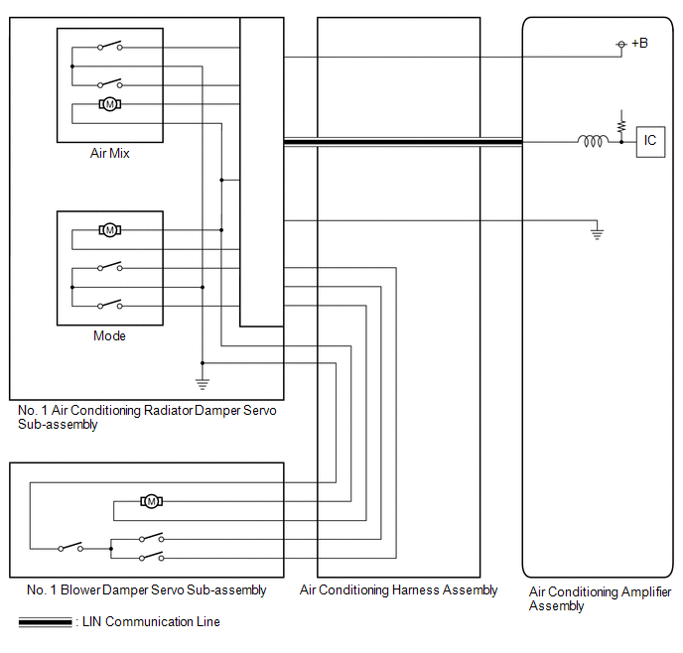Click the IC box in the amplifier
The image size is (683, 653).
click(x=650, y=142)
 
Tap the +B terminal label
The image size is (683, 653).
click(x=639, y=43)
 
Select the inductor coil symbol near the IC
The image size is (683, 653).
click(x=593, y=141)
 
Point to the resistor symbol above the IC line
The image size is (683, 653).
click(x=621, y=126)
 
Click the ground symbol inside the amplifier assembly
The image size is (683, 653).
click(x=597, y=234)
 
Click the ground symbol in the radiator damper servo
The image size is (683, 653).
click(x=203, y=384)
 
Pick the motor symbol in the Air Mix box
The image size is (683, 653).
click(x=110, y=104)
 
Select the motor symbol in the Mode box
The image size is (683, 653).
click(x=110, y=230)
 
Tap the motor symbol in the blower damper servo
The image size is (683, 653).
click(x=151, y=501)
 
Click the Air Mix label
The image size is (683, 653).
click(x=110, y=153)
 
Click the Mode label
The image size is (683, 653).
click(x=110, y=335)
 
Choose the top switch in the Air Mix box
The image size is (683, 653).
click(x=110, y=46)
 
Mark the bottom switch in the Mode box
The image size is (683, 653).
click(x=110, y=304)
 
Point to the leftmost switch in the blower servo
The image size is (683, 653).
click(x=70, y=547)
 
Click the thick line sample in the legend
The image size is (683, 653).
click(x=45, y=622)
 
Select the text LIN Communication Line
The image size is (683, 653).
click(x=151, y=621)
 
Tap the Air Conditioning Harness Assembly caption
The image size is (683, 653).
click(x=398, y=589)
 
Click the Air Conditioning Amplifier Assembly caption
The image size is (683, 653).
click(x=600, y=598)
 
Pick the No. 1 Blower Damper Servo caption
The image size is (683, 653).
click(x=146, y=589)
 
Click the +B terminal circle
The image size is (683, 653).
click(x=621, y=45)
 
